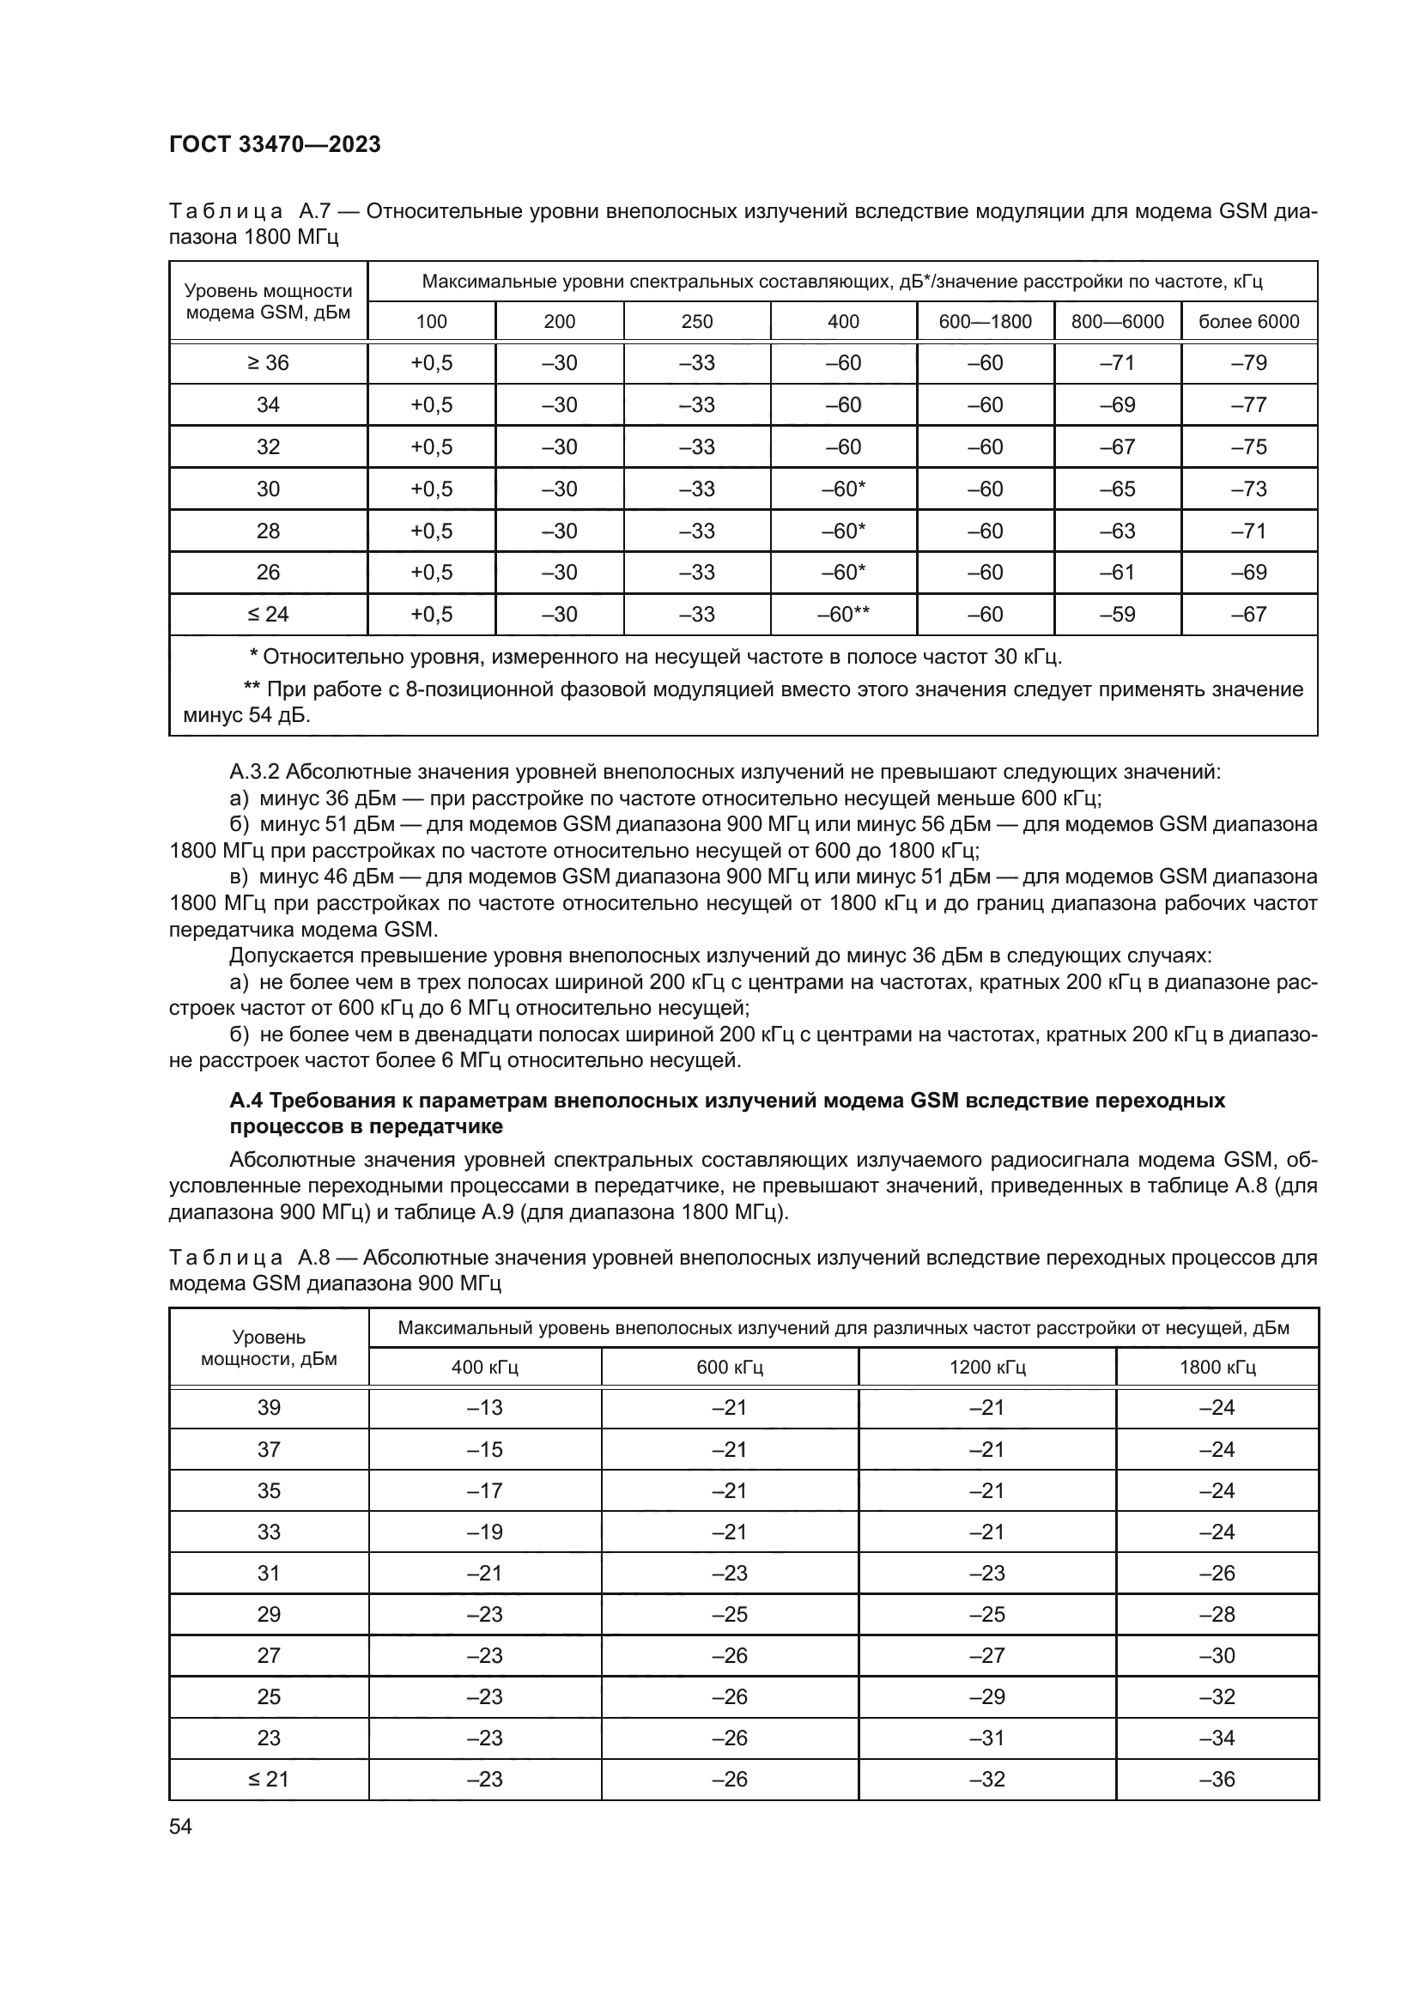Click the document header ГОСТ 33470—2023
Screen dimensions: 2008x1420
pyautogui.click(x=275, y=144)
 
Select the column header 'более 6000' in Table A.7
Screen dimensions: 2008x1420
pyautogui.click(x=1248, y=321)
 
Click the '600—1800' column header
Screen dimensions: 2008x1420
pyautogui.click(x=986, y=321)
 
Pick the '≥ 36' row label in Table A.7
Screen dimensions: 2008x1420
pyautogui.click(x=269, y=363)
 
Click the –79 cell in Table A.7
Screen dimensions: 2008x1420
pyautogui.click(x=1248, y=363)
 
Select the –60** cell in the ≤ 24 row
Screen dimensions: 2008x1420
pyautogui.click(x=843, y=614)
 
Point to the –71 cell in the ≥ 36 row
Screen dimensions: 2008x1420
pyautogui.click(x=1118, y=363)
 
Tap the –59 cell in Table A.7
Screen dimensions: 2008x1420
pyautogui.click(x=1118, y=614)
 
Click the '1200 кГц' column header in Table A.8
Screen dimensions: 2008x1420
pyautogui.click(x=987, y=1367)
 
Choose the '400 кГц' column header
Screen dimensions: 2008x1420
pyautogui.click(x=485, y=1367)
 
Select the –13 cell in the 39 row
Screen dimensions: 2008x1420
pyautogui.click(x=485, y=1407)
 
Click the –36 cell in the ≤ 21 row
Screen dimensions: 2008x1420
pyautogui.click(x=1217, y=1779)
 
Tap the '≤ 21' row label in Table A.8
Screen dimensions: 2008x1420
pyautogui.click(x=269, y=1779)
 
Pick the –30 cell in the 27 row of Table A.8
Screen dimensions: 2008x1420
pyautogui.click(x=1217, y=1654)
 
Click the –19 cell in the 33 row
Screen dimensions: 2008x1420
pyautogui.click(x=485, y=1532)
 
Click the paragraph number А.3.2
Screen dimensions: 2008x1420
pyautogui.click(x=254, y=773)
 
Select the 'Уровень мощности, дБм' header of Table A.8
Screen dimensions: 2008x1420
pyautogui.click(x=269, y=1348)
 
